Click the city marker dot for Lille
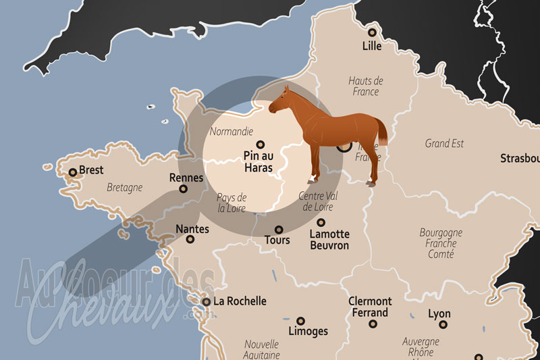pos(371,32)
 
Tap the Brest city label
pos(90,170)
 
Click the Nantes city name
pos(192,229)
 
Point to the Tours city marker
pos(279,230)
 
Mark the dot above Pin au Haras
pos(260,143)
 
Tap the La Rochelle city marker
pos(206,302)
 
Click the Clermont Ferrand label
pos(370,307)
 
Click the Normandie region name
pos(232,131)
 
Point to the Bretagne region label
pos(124,187)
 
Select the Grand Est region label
pos(444,143)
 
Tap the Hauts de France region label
pos(365,86)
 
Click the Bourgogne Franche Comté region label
pos(441,243)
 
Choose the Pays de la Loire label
pos(232,203)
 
